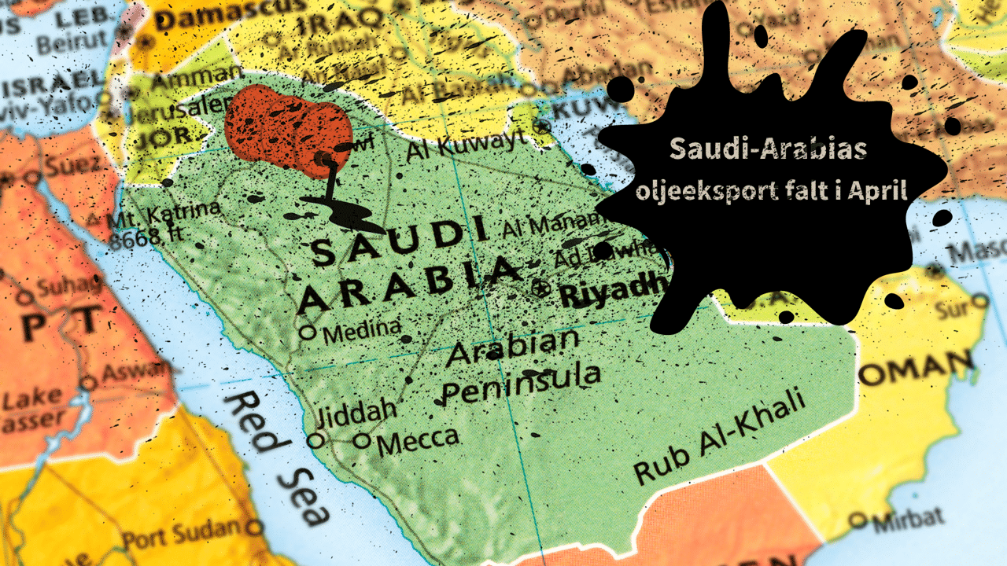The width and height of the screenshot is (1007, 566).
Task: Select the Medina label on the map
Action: [x=362, y=330]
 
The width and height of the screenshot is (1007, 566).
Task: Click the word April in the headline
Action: [x=876, y=191]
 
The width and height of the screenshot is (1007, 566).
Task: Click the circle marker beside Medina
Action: [x=308, y=333]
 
